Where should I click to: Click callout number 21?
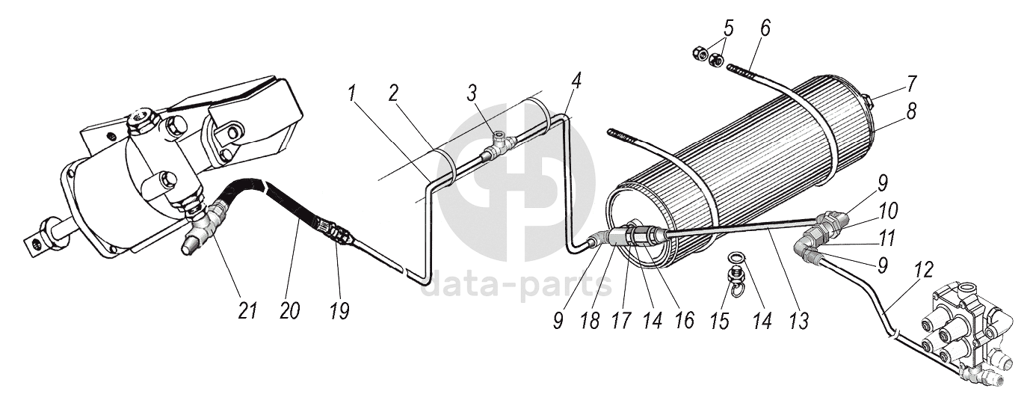pos(247,311)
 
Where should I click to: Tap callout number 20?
pos(289,311)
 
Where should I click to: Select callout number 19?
pos(339,311)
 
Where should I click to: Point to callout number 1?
pos(352,93)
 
